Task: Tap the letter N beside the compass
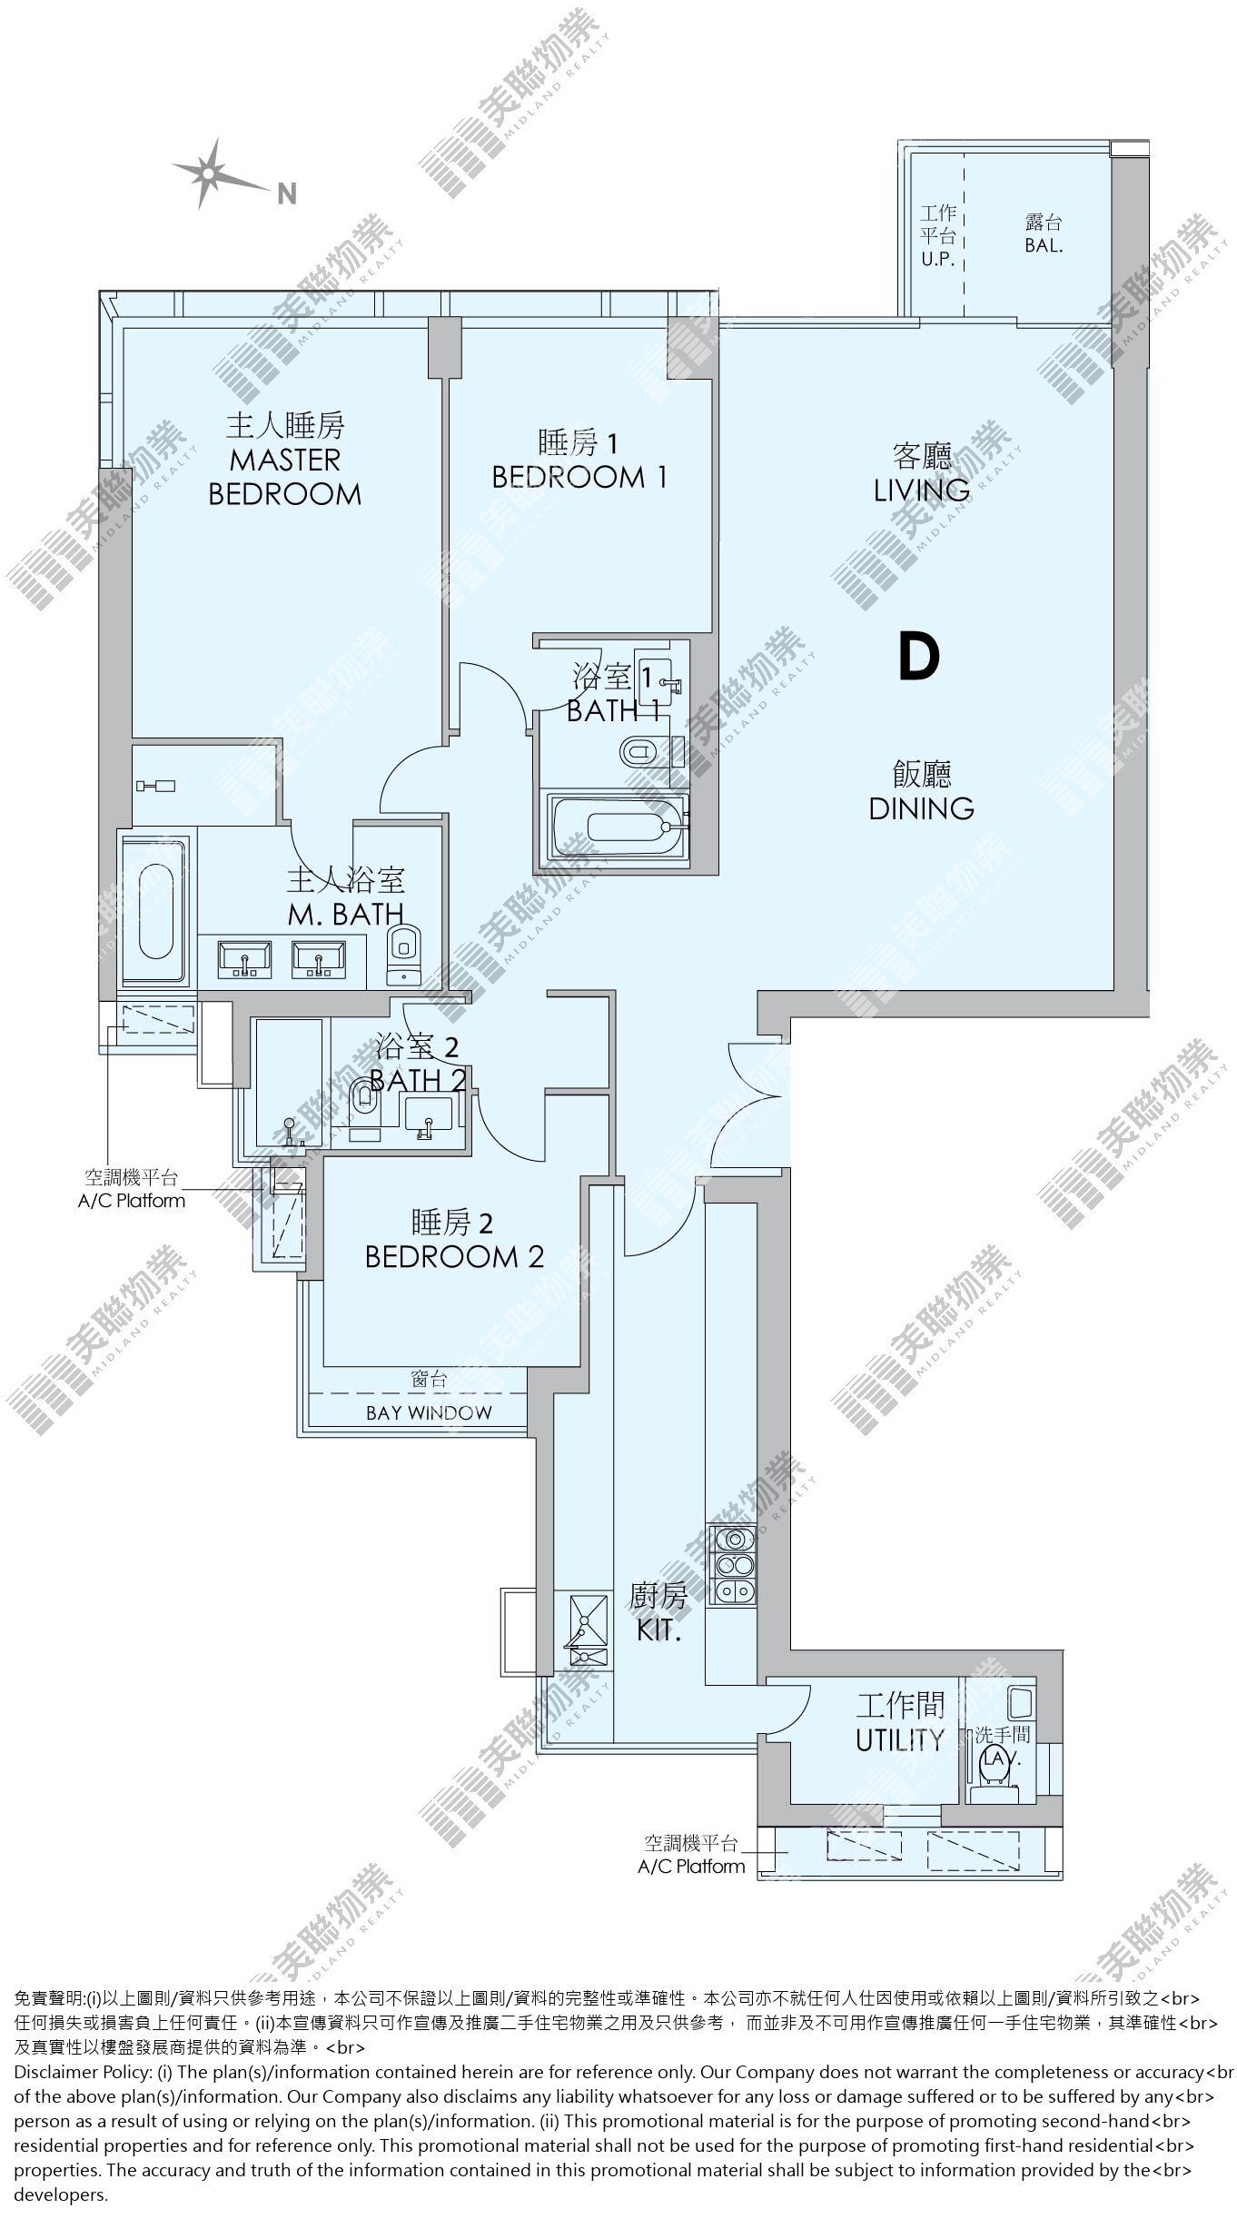[287, 193]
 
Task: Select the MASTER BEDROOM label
[285, 477]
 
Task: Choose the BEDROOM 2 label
[454, 1256]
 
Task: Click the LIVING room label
[921, 490]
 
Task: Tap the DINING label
[921, 807]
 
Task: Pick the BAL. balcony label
[1044, 245]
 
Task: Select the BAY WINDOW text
[429, 1412]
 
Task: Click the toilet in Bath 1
[645, 752]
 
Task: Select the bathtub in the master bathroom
[155, 910]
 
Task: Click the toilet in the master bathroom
[402, 956]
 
